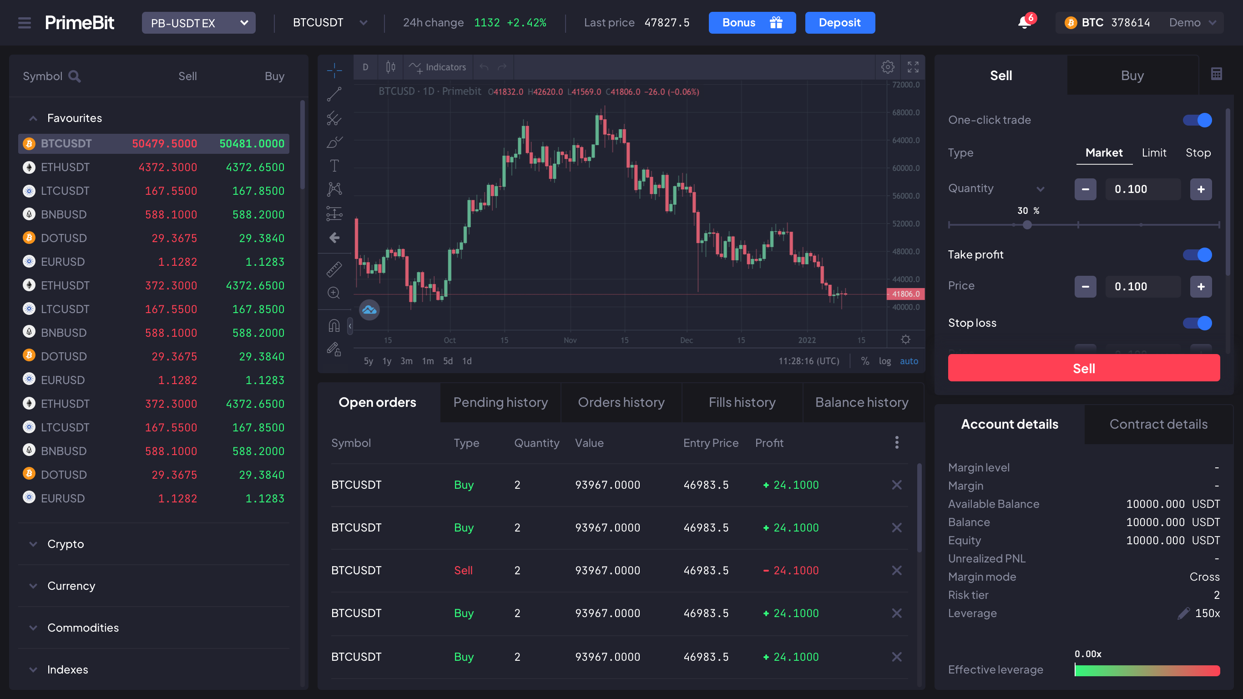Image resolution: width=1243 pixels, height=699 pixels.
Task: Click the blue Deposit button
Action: pyautogui.click(x=839, y=23)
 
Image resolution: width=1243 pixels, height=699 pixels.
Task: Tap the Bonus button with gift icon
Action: pyautogui.click(x=752, y=23)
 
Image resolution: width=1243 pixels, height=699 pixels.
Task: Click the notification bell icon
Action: pyautogui.click(x=1024, y=22)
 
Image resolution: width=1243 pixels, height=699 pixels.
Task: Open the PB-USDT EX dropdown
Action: pyautogui.click(x=198, y=23)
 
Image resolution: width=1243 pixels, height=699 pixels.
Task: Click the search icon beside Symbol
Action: pyautogui.click(x=74, y=76)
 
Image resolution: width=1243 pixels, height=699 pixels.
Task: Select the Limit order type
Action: pyautogui.click(x=1154, y=152)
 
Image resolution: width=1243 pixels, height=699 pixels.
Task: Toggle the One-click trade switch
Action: pyautogui.click(x=1197, y=120)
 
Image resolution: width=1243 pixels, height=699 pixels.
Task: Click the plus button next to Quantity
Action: pyautogui.click(x=1201, y=189)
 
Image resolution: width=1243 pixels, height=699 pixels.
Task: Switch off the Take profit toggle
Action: pyautogui.click(x=1197, y=254)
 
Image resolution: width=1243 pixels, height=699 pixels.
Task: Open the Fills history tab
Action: pyautogui.click(x=742, y=402)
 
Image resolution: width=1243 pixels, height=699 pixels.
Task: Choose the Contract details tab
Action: pyautogui.click(x=1158, y=424)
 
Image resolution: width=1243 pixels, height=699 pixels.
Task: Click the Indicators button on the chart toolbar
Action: pyautogui.click(x=437, y=67)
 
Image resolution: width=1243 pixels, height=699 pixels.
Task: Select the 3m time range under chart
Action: pyautogui.click(x=406, y=361)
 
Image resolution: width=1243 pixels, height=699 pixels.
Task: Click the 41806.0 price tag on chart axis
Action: pyautogui.click(x=905, y=294)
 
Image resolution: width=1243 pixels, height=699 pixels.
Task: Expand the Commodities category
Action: pyautogui.click(x=83, y=628)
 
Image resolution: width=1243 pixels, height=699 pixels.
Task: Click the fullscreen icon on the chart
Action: pyautogui.click(x=913, y=67)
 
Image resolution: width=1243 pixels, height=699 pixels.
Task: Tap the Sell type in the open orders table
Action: pyautogui.click(x=463, y=570)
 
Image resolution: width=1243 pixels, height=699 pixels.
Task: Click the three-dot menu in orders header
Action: pyautogui.click(x=897, y=442)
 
